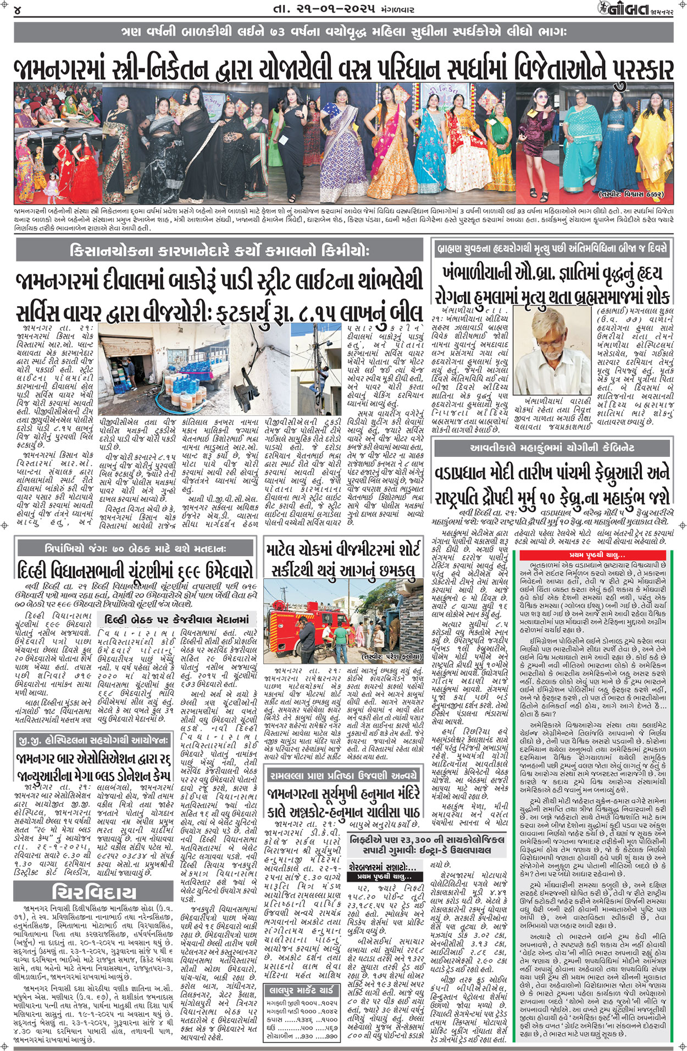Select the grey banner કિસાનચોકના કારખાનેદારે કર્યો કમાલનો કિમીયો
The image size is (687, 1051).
pos(220,252)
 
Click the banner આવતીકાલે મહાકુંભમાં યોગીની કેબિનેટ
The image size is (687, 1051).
pos(552,448)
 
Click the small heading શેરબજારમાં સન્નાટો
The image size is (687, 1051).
pos(383,866)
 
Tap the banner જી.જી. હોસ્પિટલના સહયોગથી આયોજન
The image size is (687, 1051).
pos(93,740)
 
